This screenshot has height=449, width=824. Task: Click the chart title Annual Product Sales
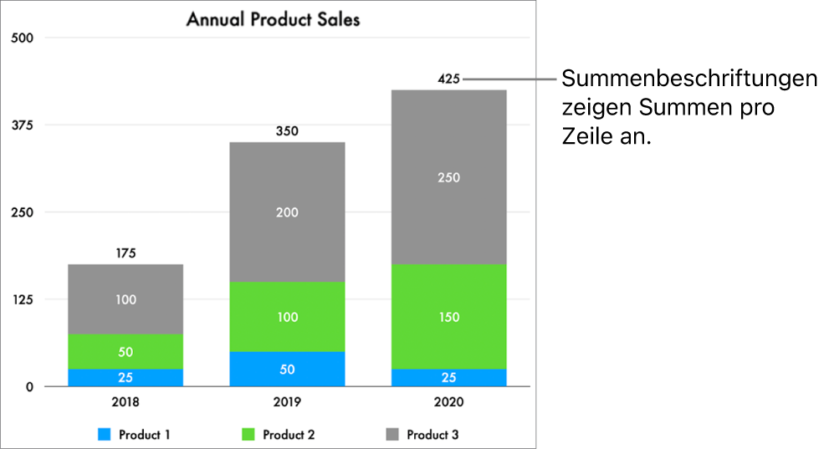coord(273,19)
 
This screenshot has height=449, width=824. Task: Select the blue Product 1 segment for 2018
coord(125,377)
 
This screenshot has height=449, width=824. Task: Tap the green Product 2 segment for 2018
coord(125,351)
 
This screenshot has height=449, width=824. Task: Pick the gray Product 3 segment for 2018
coord(125,298)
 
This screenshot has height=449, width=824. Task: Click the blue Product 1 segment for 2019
coord(287,369)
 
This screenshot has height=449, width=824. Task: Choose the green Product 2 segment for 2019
coord(287,317)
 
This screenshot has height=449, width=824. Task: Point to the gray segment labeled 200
coord(287,212)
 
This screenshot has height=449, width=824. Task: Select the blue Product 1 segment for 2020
coord(449,377)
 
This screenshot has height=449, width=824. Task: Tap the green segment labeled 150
coord(449,317)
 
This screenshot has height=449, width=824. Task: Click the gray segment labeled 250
coord(449,177)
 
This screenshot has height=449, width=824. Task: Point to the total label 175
coord(125,253)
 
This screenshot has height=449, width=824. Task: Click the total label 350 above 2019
coord(287,131)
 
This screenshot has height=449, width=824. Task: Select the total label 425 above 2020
coord(449,79)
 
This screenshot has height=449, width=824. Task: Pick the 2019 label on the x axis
coord(287,402)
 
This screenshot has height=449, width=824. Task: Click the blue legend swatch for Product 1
coord(105,435)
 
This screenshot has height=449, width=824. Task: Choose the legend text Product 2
coord(289,435)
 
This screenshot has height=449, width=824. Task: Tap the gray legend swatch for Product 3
coord(392,435)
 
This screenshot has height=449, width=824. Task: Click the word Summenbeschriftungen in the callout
coord(689,79)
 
